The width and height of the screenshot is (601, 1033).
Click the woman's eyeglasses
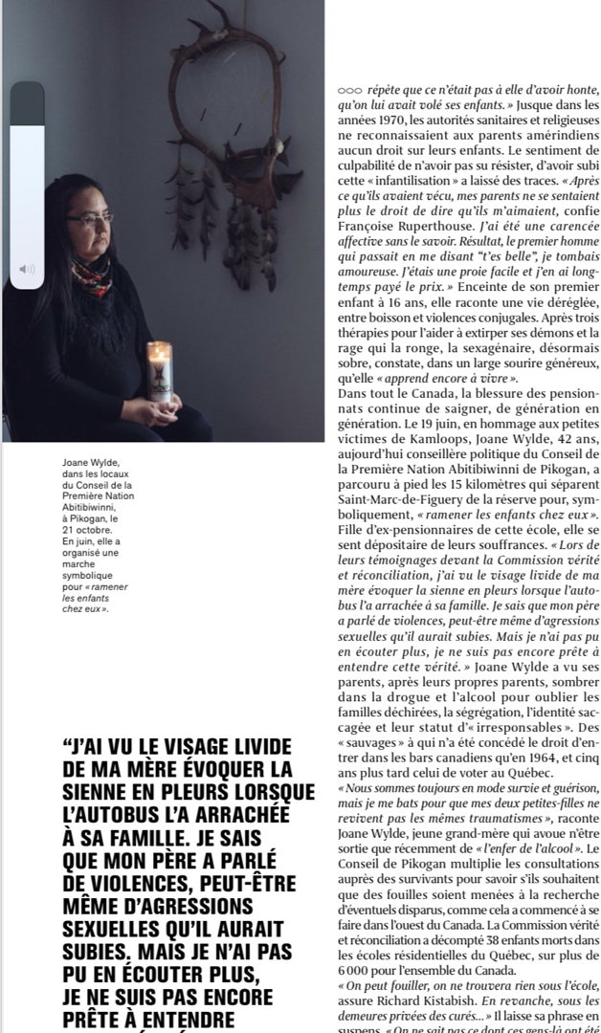(x=92, y=220)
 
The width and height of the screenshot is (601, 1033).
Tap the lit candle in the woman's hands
(x=160, y=370)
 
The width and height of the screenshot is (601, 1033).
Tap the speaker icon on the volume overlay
(x=27, y=270)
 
